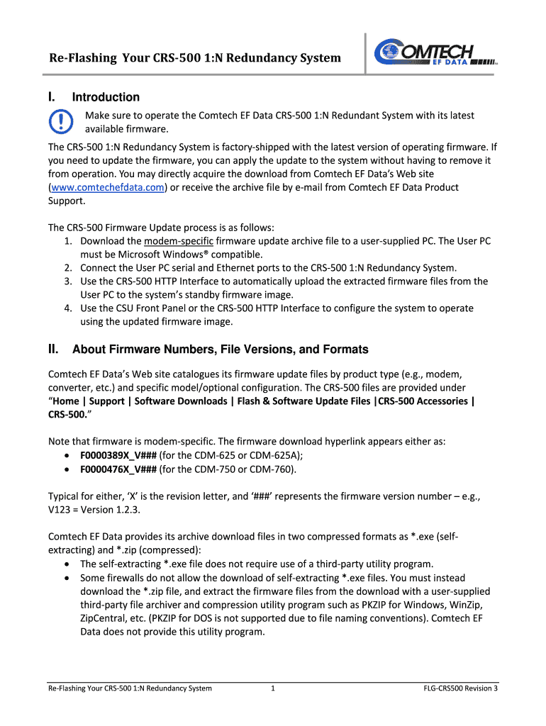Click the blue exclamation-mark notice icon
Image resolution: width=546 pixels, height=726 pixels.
click(x=61, y=121)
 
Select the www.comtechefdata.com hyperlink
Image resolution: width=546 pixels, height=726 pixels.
click(x=107, y=187)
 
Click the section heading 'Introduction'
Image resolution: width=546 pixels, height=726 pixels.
click(x=106, y=97)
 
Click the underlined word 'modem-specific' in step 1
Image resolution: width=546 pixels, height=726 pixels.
click(x=174, y=241)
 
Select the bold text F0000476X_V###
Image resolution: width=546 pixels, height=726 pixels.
click(x=118, y=469)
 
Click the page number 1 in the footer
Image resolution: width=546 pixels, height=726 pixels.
click(x=273, y=688)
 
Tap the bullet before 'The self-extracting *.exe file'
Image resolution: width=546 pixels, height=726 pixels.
click(x=66, y=564)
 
